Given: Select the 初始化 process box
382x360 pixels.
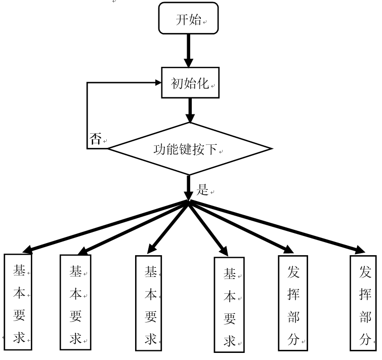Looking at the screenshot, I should (190, 83).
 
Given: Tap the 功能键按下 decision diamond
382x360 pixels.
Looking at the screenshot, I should (190, 149).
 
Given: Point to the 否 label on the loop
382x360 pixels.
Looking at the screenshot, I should (95, 140).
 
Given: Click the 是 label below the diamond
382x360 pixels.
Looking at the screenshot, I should (202, 190).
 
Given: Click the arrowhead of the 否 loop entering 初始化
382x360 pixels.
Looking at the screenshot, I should (155, 82).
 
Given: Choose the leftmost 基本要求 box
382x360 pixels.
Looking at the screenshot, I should (18, 301).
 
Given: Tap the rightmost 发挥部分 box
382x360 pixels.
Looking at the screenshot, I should (365, 302).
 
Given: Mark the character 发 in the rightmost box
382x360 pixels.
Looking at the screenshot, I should (364, 272).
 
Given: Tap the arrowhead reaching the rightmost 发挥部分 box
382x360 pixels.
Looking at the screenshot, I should (360, 250).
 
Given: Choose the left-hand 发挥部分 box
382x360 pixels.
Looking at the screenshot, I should (292, 302).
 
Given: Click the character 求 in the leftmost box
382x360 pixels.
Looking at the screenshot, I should (19, 337).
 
